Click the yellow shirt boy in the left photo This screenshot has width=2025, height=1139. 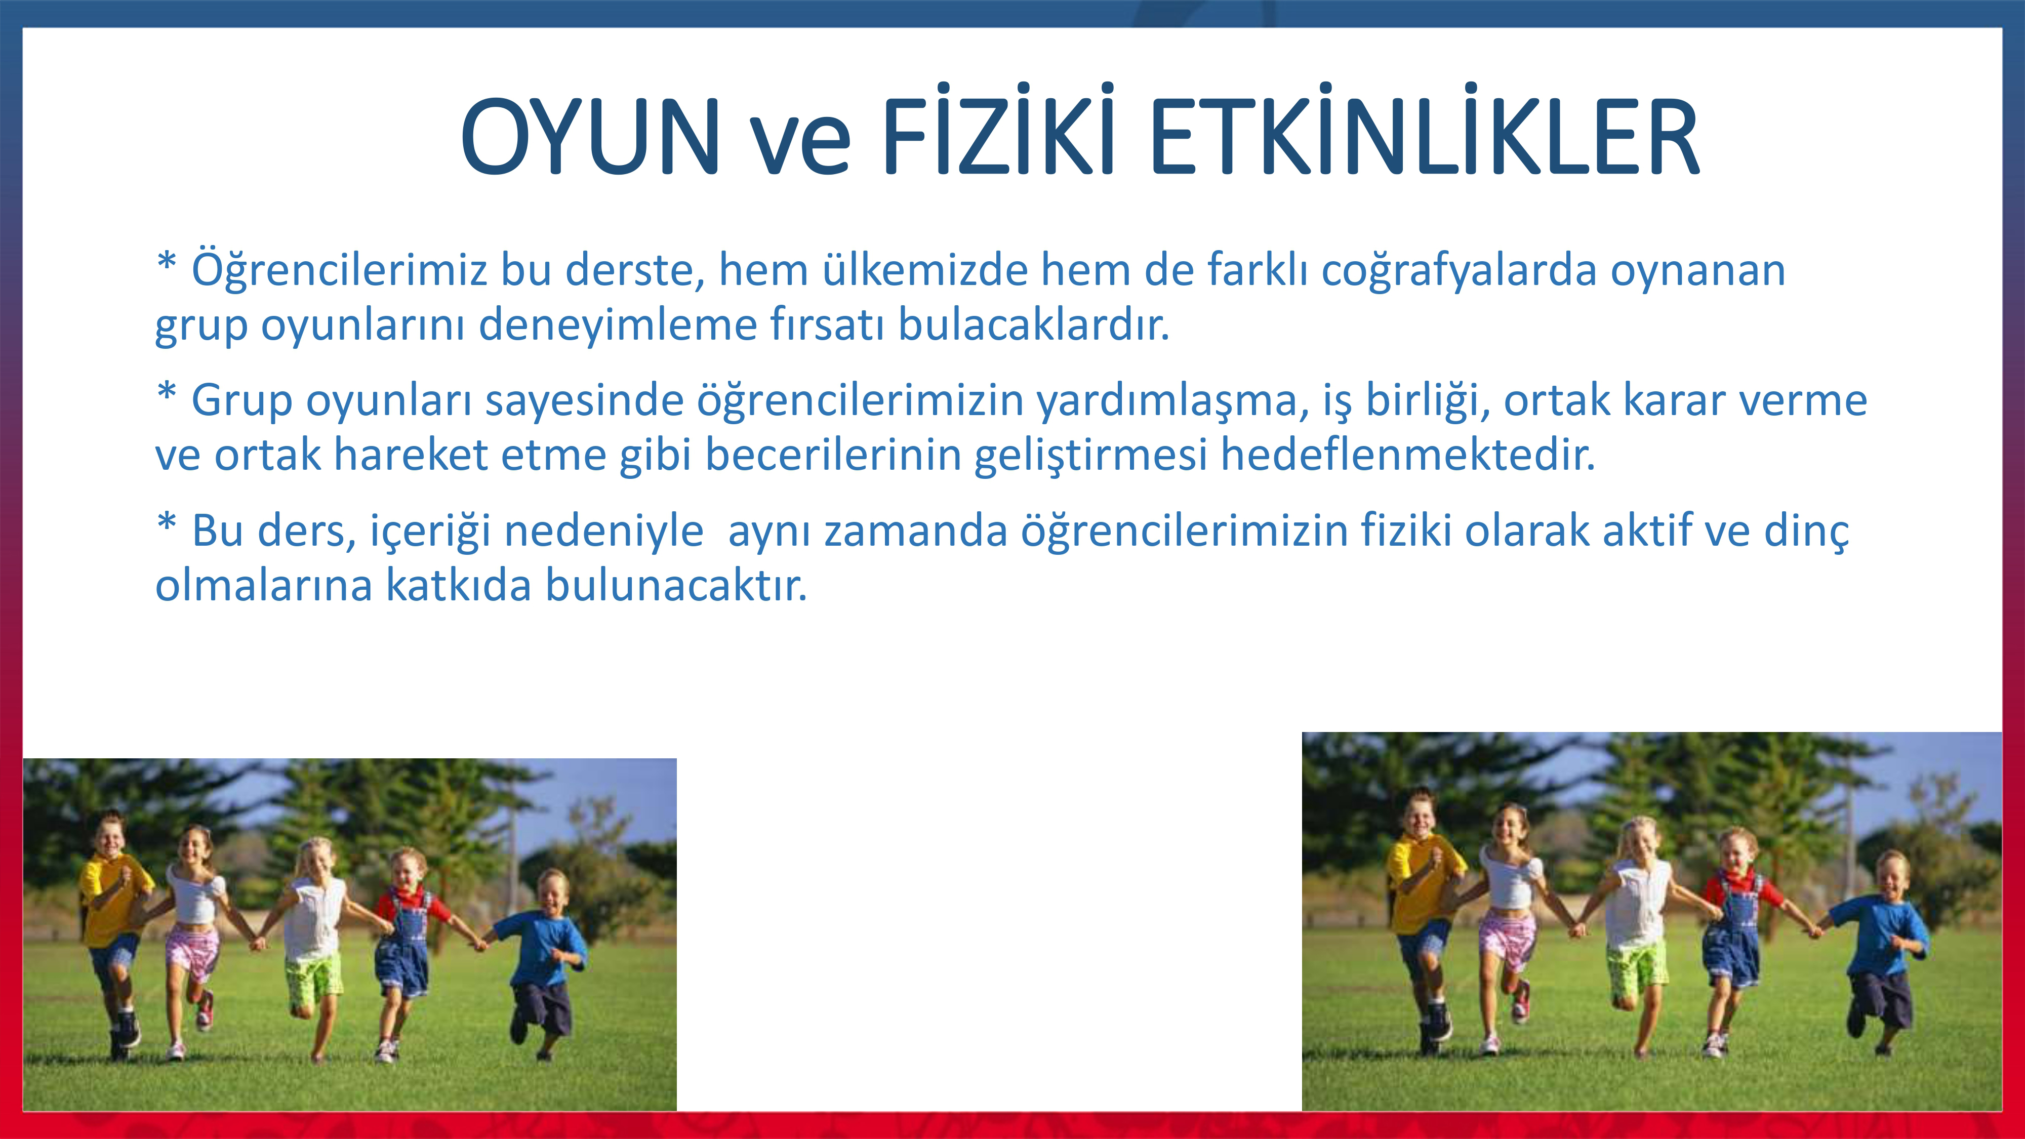[114, 927]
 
